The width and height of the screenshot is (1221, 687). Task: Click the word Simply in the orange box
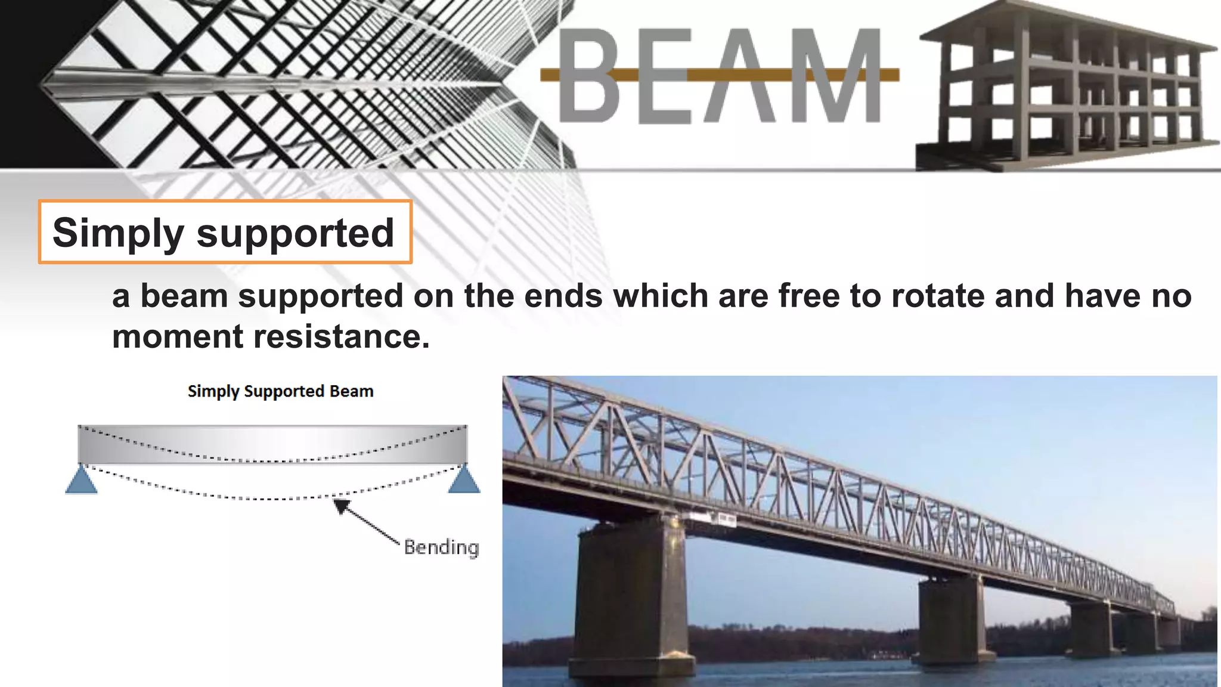point(117,233)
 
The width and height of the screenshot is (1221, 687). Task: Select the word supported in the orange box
point(295,233)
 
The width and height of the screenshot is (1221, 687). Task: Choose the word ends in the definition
point(563,296)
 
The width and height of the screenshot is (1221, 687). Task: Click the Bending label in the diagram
point(441,547)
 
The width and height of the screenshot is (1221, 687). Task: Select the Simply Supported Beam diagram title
point(280,391)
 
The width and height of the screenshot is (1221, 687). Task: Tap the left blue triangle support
point(81,481)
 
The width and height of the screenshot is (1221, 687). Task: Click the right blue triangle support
point(464,481)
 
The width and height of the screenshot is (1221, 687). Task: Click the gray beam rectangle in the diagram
point(272,444)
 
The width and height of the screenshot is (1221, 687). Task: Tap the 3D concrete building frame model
point(1067,86)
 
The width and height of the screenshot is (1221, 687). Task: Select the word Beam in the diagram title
point(351,391)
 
